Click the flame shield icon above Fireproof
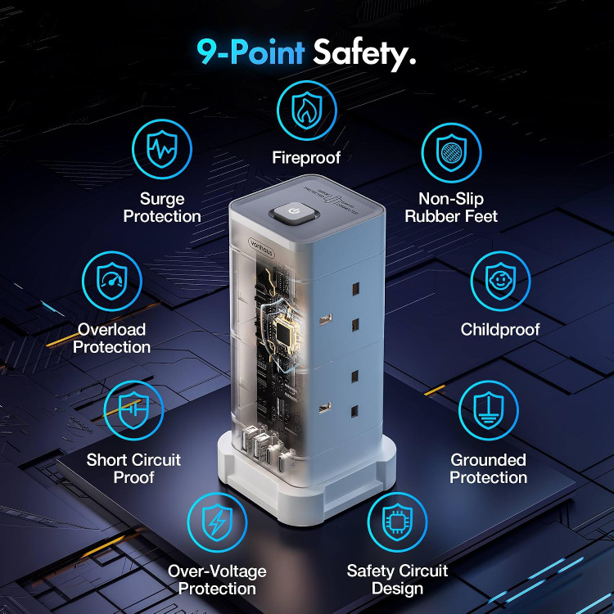(x=307, y=111)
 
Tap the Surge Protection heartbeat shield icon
(x=162, y=149)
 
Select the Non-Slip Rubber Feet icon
(x=451, y=153)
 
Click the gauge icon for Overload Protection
(x=112, y=281)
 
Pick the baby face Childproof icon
(x=500, y=281)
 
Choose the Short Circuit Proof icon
(x=133, y=410)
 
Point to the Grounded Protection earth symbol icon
(x=488, y=410)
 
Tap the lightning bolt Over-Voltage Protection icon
(x=217, y=522)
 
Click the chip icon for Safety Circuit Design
(x=397, y=522)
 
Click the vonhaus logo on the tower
(x=261, y=248)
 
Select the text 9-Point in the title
(x=251, y=52)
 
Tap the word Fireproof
(x=306, y=158)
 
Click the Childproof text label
(x=500, y=330)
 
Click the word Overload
(x=111, y=329)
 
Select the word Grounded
(x=488, y=460)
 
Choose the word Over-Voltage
(x=217, y=571)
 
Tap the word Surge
(x=162, y=199)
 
